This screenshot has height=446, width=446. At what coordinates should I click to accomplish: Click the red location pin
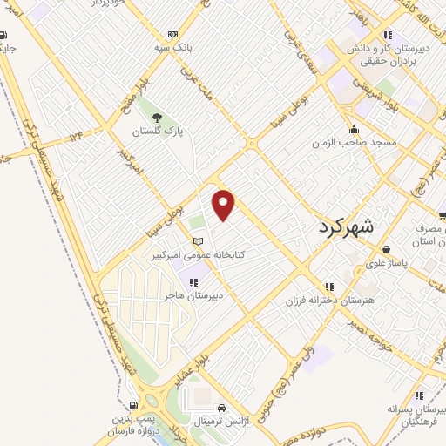(x=224, y=204)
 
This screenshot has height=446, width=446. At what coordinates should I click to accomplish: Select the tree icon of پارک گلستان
(x=157, y=118)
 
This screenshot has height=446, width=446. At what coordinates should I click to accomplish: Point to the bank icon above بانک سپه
(x=172, y=33)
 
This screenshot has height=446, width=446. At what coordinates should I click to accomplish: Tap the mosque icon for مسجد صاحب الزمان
(x=353, y=128)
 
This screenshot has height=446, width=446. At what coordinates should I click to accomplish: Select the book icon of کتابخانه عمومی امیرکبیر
(x=198, y=241)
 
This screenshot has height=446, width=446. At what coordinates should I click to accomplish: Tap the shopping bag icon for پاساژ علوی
(x=387, y=250)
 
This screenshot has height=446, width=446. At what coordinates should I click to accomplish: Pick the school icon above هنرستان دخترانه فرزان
(x=329, y=286)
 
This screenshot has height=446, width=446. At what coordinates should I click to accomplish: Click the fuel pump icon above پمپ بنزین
(x=132, y=404)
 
